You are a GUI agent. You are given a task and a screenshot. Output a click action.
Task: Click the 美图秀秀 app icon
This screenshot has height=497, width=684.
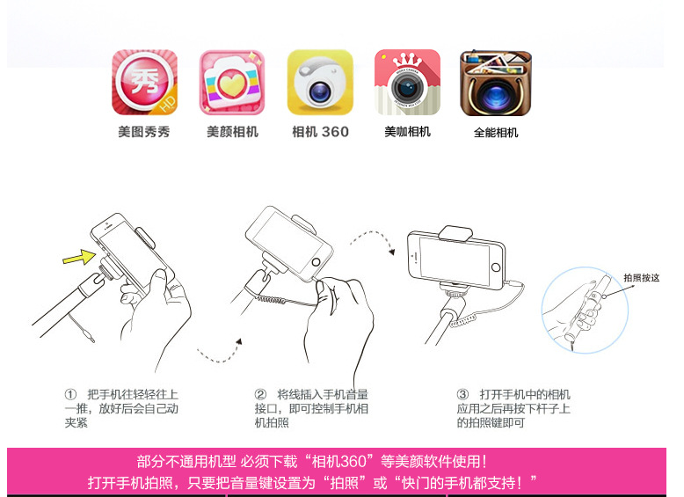tap(144, 83)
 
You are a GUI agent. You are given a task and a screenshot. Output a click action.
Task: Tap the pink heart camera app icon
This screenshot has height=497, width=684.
tap(232, 83)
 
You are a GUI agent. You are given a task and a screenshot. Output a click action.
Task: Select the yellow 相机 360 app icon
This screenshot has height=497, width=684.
tap(320, 82)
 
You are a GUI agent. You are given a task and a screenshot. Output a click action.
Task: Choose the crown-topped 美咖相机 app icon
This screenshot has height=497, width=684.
tap(407, 82)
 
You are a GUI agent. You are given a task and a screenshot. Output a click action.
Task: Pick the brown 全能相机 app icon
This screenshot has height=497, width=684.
tap(496, 83)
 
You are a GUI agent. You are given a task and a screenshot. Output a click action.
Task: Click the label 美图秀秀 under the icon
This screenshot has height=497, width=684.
tap(144, 132)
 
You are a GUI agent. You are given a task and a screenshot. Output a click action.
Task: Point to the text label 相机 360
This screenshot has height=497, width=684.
tap(320, 132)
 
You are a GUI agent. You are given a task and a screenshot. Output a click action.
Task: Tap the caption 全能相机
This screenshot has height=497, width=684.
tap(496, 133)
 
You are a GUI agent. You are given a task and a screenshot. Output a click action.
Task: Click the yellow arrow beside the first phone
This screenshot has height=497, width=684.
tap(79, 257)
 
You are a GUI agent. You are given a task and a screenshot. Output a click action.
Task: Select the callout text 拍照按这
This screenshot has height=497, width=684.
tap(641, 278)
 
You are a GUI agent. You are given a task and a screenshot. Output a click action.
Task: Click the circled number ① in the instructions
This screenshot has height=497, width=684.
tap(70, 394)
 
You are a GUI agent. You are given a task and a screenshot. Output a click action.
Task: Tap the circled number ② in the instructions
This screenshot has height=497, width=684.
tap(260, 394)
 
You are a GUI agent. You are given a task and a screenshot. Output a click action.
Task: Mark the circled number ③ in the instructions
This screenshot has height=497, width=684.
tap(462, 394)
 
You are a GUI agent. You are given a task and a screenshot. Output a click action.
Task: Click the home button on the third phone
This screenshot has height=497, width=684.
tap(496, 267)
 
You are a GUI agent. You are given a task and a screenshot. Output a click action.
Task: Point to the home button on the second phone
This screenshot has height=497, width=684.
tap(316, 262)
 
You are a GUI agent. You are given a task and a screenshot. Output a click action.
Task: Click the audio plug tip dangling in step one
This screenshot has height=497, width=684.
tap(91, 338)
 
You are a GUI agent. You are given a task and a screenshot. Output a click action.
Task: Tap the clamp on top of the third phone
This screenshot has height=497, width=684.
tap(455, 233)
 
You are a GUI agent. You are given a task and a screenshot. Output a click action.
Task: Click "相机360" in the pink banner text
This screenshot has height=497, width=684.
tap(339, 461)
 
